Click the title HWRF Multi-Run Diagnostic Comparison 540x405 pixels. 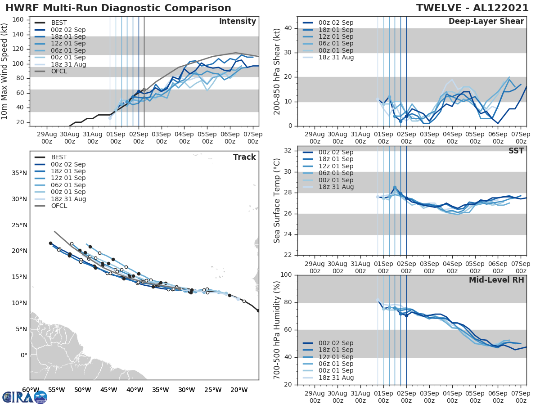(118, 8)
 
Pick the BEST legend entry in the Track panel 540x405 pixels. (59, 157)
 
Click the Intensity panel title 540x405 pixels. (237, 22)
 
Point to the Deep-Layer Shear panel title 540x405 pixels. (486, 22)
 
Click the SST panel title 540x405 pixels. (517, 151)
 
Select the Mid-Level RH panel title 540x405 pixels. (496, 280)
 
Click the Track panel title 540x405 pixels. (244, 157)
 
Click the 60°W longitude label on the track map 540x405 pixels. (30, 390)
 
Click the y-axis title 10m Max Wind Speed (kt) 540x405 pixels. (5, 72)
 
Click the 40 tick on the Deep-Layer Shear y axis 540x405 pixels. (288, 28)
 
